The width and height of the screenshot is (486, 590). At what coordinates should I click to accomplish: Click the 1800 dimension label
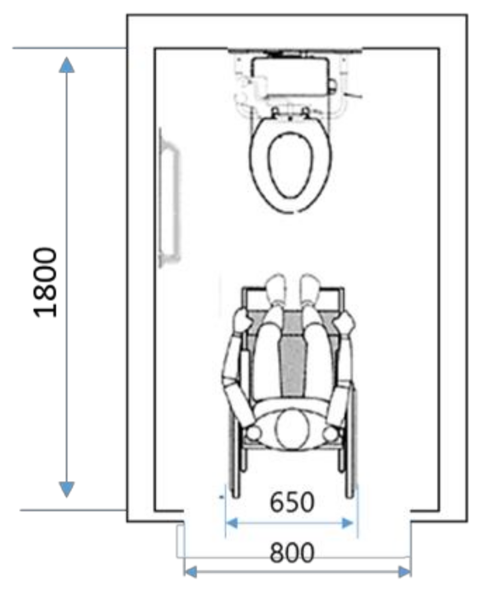coord(45,282)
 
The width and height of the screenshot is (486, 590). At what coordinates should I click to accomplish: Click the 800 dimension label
coord(292,554)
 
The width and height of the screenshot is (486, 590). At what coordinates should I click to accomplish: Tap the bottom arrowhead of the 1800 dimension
coord(66,489)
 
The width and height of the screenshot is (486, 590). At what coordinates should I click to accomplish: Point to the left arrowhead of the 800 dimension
coord(191,571)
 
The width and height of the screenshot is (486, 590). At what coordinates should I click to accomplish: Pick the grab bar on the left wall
coord(169,199)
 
